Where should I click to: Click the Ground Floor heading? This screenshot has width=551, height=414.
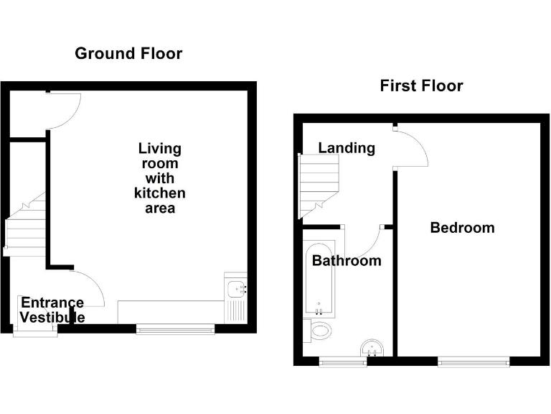[x=128, y=53]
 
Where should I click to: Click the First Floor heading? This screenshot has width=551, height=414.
[x=421, y=86]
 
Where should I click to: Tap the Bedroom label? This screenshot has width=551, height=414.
[x=462, y=228]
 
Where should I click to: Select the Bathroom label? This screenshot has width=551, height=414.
[x=347, y=260]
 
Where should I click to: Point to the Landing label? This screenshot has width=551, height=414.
[x=347, y=148]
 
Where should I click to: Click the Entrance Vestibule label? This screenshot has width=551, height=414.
[x=52, y=310]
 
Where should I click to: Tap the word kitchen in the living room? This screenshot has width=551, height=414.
[x=159, y=193]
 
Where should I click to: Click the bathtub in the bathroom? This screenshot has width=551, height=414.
[x=317, y=280]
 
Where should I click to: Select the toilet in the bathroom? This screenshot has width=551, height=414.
[x=321, y=331]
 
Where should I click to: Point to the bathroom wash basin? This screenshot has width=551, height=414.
[x=372, y=348]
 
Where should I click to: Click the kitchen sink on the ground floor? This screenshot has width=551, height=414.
[x=236, y=289]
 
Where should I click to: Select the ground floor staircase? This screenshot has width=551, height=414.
[x=26, y=226]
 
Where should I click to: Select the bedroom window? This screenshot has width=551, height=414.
[x=474, y=362]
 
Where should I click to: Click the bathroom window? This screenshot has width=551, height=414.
[x=342, y=362]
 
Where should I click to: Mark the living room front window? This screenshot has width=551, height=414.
[x=175, y=329]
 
